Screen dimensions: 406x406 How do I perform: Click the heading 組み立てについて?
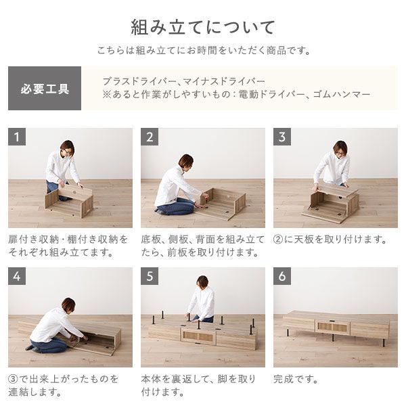(203, 28)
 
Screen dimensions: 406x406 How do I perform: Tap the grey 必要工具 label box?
(45, 89)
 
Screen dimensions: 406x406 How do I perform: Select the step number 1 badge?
(18, 137)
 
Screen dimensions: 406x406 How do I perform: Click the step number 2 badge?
(150, 137)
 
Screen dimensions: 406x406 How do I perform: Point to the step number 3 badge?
(283, 137)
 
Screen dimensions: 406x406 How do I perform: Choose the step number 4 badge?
(18, 277)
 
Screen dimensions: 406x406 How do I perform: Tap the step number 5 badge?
(150, 277)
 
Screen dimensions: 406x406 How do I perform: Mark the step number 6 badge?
(283, 277)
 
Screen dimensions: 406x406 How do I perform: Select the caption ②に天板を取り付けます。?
(330, 240)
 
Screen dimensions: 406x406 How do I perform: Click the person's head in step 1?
(66, 148)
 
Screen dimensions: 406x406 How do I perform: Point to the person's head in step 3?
(340, 148)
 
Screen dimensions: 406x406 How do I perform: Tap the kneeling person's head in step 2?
(185, 161)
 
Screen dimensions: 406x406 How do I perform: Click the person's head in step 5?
(202, 281)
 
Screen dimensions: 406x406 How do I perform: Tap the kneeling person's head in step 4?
(68, 304)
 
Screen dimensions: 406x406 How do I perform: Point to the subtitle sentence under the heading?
(203, 51)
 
